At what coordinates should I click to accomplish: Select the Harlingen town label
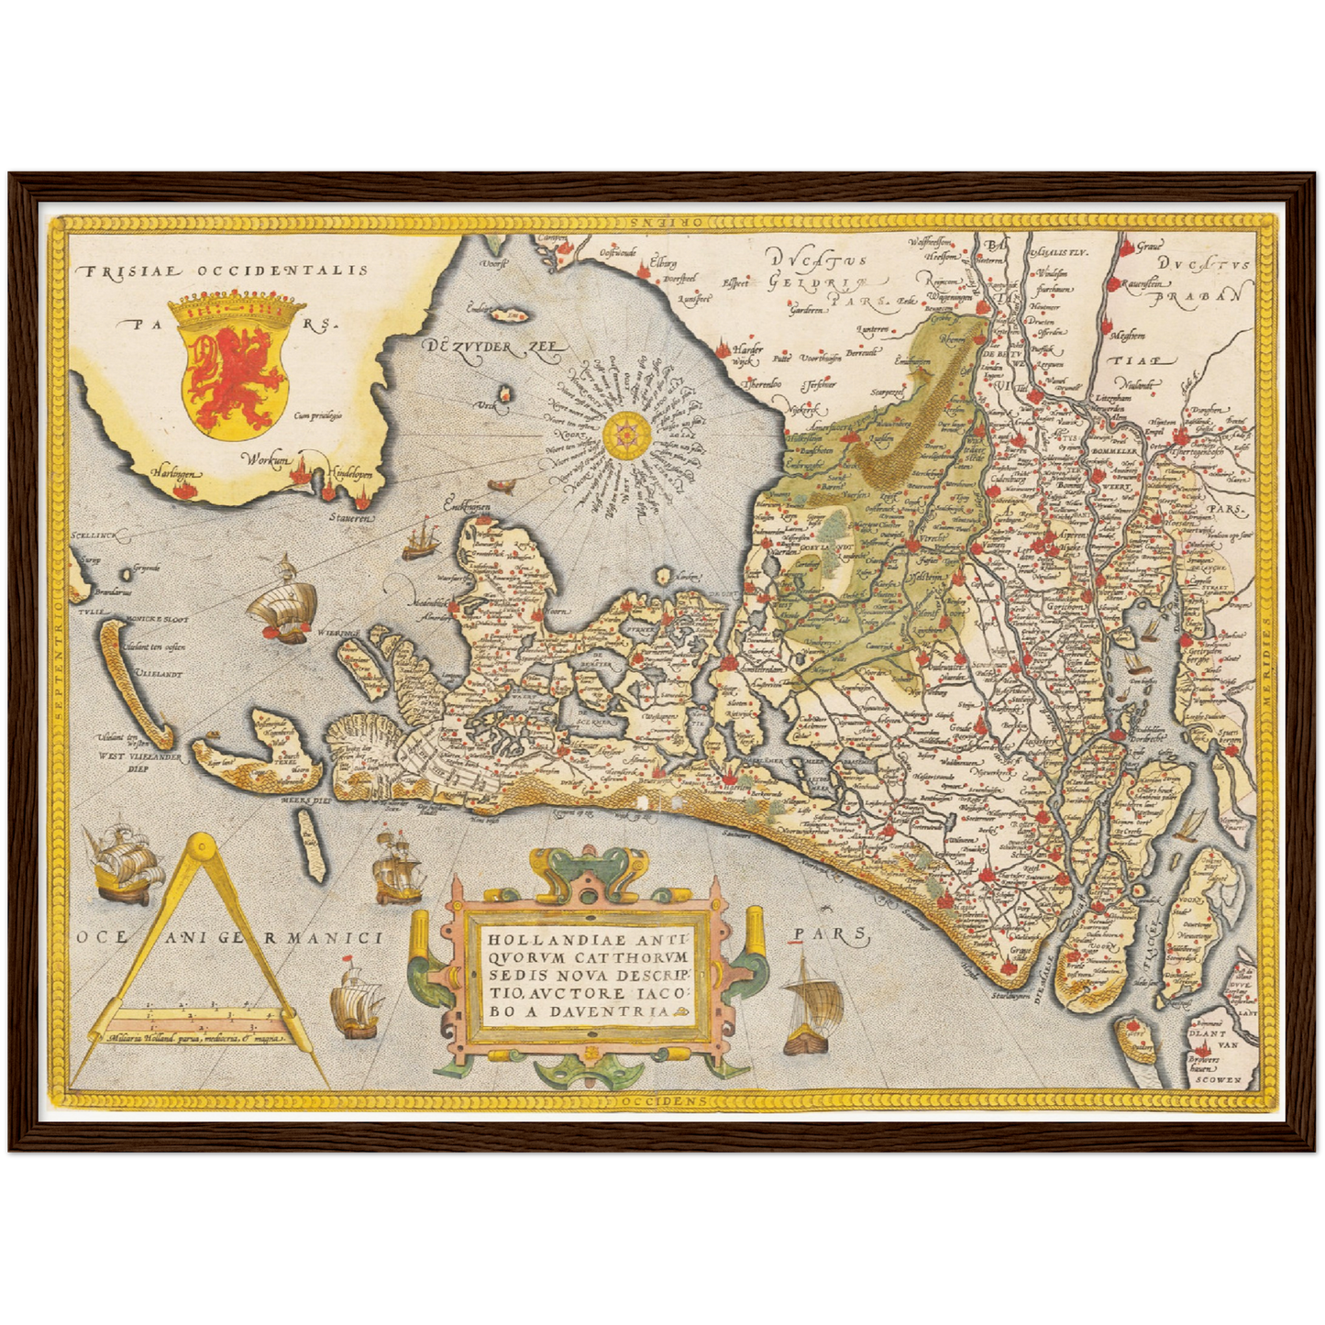177,473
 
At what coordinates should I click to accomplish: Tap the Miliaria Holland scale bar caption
197,1039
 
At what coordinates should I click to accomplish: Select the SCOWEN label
1218,1080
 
